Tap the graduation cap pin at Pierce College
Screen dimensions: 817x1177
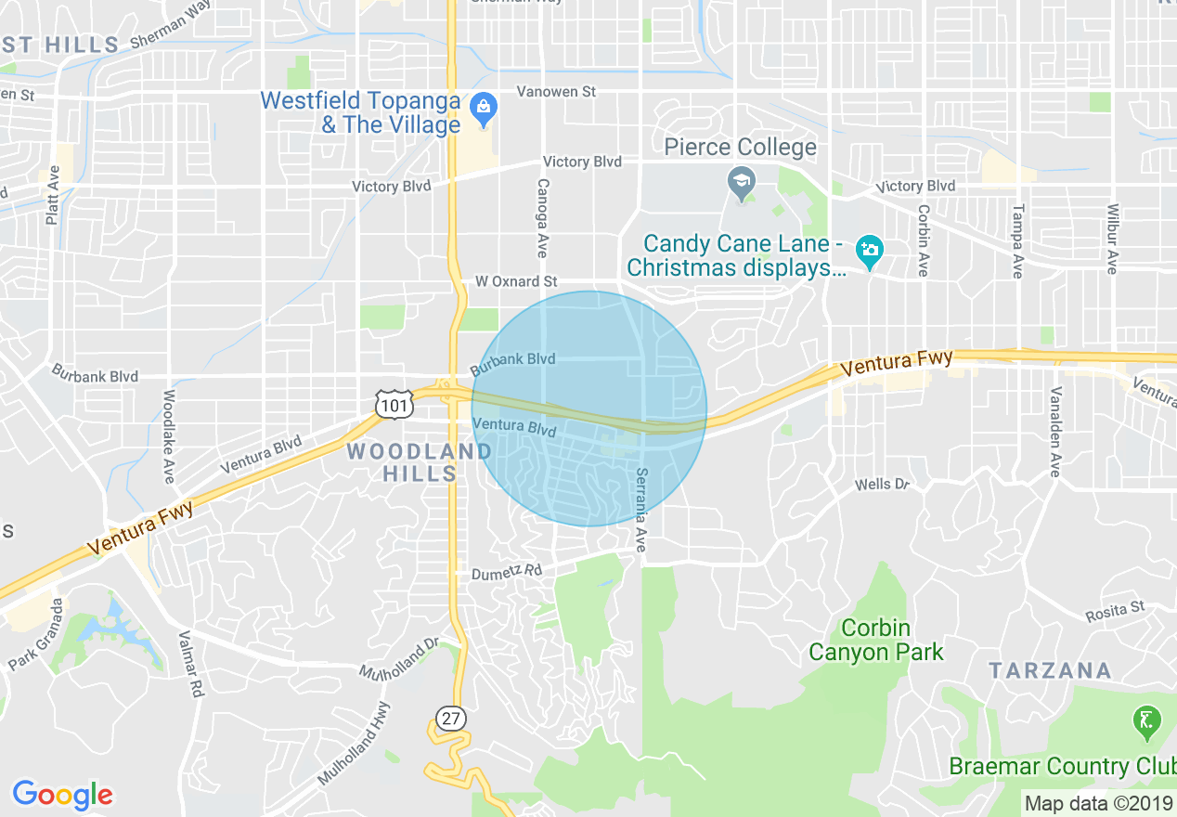[x=741, y=184]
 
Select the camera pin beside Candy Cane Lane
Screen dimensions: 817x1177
[x=870, y=250]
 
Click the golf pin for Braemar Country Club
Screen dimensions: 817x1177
[x=1147, y=721]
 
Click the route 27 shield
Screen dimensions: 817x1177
[x=451, y=718]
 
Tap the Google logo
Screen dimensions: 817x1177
[x=62, y=795]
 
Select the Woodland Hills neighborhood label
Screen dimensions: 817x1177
[x=420, y=461]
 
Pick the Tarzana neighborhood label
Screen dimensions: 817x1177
[x=1050, y=670]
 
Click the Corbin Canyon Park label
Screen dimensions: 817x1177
[x=876, y=640]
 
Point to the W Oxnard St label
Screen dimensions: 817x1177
[x=516, y=281]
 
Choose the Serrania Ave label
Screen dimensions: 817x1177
[x=640, y=510]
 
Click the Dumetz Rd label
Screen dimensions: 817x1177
[x=506, y=573]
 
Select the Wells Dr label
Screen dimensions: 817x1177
[x=882, y=484]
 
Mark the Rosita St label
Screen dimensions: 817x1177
[x=1115, y=612]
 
